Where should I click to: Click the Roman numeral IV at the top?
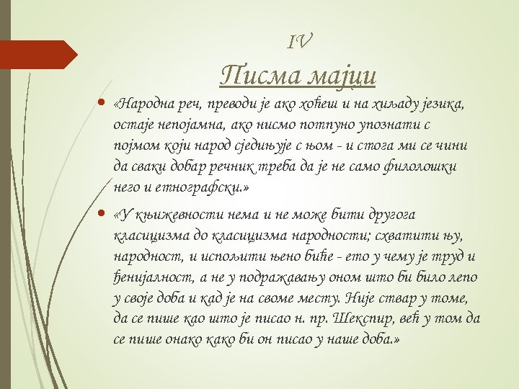point(299,43)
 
